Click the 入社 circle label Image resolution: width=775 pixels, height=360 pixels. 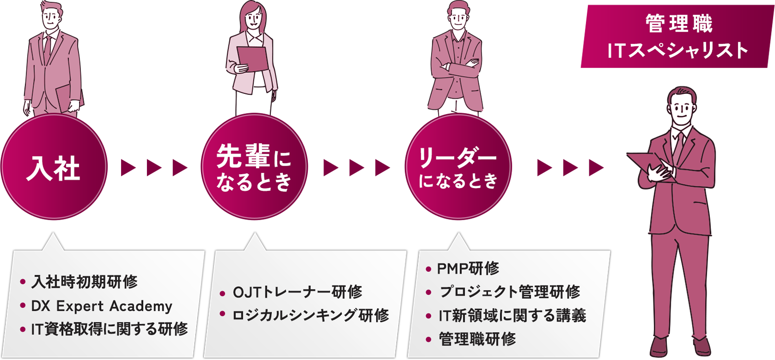[53, 169]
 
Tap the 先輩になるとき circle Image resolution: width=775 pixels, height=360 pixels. [254, 168]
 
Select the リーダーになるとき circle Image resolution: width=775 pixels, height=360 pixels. [458, 168]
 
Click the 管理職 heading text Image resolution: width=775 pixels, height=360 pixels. [679, 24]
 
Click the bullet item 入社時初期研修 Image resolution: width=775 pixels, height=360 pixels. [84, 282]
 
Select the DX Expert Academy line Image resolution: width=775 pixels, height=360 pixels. [101, 306]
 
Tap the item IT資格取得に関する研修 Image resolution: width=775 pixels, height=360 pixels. [109, 329]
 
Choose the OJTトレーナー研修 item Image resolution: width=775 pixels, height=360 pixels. [297, 292]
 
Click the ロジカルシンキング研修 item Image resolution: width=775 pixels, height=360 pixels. [310, 315]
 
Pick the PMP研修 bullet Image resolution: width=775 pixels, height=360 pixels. [468, 269]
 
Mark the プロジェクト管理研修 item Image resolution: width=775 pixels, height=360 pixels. [509, 292]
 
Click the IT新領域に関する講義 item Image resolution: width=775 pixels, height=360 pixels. [512, 315]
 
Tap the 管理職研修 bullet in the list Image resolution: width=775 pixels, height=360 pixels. [477, 339]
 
